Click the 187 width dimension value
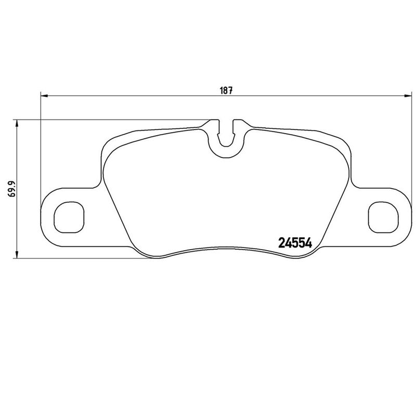point(225,90)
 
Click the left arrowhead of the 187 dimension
point(44,96)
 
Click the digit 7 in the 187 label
point(229,90)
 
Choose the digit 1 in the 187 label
point(220,90)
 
